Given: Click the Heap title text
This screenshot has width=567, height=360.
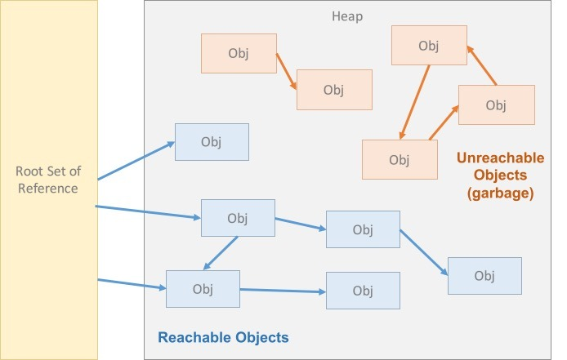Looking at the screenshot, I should pos(347,16).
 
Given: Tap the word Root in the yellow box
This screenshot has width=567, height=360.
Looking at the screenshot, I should pos(30,171).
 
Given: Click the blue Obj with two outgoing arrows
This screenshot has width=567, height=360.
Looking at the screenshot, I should pos(238,218).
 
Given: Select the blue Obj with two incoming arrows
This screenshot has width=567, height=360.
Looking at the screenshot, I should pos(203,289).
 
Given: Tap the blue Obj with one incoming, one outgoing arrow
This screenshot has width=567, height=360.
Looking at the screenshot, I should pos(363,229).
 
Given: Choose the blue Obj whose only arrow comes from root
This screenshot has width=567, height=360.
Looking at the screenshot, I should pos(212,142).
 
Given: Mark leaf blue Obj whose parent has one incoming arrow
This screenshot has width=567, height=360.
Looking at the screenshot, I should pos(484,275).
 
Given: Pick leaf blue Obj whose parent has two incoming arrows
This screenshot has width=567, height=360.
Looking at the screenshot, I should pos(363,291).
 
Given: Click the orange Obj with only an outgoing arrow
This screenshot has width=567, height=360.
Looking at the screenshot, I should pos(237,54).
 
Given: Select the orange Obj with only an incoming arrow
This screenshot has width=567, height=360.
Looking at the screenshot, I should pos(333,89).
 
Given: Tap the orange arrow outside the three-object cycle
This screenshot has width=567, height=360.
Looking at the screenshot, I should pos(285,70).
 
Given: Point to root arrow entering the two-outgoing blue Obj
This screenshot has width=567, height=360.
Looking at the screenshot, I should pos(148,212).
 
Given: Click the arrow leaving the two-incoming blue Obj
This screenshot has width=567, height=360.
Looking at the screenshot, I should pos(282,290).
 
